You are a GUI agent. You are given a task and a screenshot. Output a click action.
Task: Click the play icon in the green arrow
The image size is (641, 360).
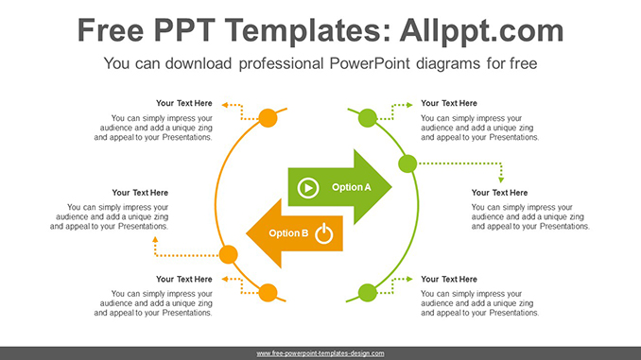pos(307,188)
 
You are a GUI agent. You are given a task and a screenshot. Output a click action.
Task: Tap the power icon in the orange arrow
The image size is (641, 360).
pos(324,233)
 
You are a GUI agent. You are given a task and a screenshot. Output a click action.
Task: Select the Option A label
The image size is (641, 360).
pos(352,187)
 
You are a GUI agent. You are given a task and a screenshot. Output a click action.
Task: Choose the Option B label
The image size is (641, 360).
pos(288,233)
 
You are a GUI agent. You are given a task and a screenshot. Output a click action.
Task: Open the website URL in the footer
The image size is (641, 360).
pos(320,353)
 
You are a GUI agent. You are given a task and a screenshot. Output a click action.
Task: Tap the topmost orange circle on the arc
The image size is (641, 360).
pos(268,118)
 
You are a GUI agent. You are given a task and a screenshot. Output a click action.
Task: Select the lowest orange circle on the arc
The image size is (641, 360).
pos(268,292)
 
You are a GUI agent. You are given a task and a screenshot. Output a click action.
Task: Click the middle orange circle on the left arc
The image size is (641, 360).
pos(228,253)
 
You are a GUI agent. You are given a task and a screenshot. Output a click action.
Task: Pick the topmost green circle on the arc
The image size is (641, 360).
pos(368,118)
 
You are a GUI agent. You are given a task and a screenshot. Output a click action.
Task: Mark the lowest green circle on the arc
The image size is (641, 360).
pos(368,292)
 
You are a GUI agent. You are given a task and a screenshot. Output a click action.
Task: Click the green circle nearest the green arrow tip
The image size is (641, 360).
pos(407,164)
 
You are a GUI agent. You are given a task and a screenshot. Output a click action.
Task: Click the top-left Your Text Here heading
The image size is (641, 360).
pos(184,103)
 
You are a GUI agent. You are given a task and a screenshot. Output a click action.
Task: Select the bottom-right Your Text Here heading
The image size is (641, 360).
pos(449,279)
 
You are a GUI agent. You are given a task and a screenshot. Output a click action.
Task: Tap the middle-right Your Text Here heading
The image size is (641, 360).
pos(499,193)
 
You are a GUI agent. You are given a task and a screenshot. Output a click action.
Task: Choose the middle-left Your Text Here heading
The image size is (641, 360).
pos(140,193)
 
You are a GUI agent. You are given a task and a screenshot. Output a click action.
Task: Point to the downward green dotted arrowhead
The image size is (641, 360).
pos(501,178)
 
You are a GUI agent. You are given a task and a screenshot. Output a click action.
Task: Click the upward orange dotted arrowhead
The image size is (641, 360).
pos(156,240)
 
